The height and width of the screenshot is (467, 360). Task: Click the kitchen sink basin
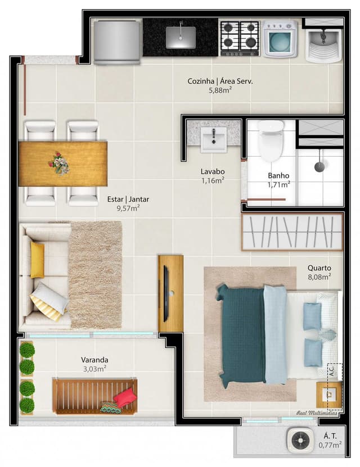click(181, 38)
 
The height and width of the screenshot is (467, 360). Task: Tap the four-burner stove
click(240, 38)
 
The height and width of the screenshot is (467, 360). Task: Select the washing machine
click(280, 39)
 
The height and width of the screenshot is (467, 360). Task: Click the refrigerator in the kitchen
click(117, 42)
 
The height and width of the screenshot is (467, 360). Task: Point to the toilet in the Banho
click(271, 140)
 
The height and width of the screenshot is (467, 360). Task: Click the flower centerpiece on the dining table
click(59, 164)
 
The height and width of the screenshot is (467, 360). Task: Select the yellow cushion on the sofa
click(37, 260)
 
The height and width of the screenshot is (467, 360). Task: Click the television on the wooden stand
click(166, 294)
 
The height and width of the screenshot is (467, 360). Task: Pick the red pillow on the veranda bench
click(124, 397)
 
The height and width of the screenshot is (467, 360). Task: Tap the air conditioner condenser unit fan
click(300, 440)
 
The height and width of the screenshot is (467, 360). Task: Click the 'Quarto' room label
click(319, 267)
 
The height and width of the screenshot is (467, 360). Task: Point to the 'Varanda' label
click(94, 360)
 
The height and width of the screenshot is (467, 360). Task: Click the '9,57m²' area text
click(128, 208)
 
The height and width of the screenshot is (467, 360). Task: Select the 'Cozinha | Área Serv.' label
click(220, 81)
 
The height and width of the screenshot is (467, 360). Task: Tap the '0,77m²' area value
click(330, 445)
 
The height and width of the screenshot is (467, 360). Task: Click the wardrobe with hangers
click(292, 232)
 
